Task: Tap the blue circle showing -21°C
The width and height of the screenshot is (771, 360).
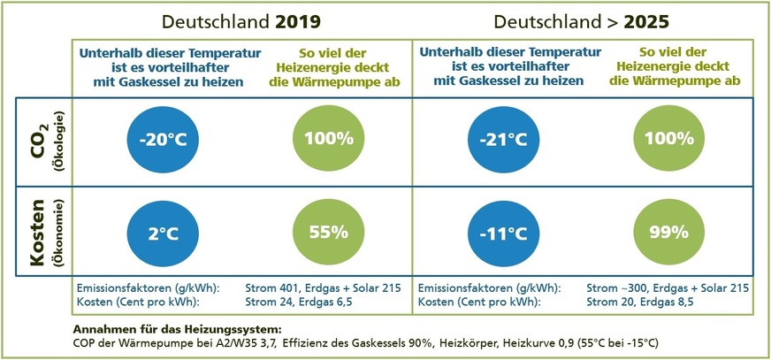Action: click(501, 138)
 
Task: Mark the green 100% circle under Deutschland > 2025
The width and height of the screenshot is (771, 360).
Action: click(668, 138)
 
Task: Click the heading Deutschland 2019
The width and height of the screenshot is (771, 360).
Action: click(240, 20)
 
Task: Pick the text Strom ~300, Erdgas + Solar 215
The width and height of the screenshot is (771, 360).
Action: click(668, 287)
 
